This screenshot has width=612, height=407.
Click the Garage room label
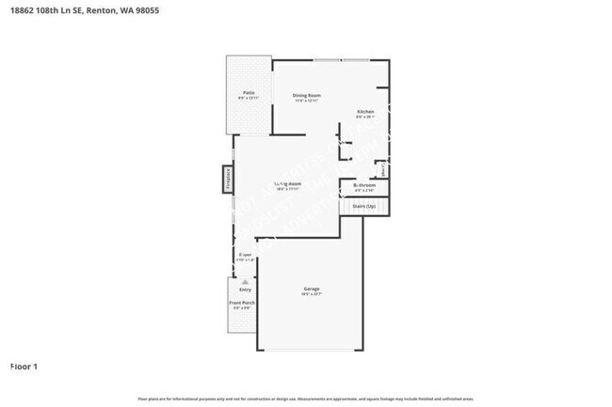pos(312,289)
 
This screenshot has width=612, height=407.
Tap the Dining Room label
pos(307,95)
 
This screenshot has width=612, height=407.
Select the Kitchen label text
pos(365,112)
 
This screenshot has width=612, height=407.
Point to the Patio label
pos(249,92)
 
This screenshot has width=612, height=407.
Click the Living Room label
pos(287,182)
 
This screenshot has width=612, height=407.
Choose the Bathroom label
pos(364,186)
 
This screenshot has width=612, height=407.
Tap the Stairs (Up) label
pos(364,205)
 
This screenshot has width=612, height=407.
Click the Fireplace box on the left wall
pos(227,179)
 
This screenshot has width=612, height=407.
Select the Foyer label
pos(245,255)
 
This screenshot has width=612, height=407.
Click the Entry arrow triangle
pos(245,281)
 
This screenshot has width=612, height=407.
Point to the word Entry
pos(245,290)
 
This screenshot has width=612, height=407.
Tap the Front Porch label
pos(241,303)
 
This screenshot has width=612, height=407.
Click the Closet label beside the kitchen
pos(383,169)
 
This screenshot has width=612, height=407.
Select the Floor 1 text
pos(24,366)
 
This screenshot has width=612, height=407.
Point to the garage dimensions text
pos(312,295)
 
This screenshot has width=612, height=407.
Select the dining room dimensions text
pos(307,101)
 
